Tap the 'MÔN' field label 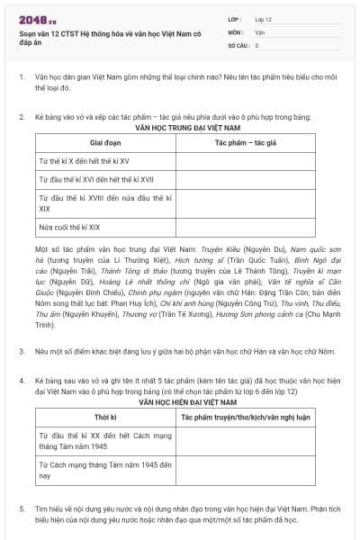(234, 31)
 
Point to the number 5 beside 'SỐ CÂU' (256, 44)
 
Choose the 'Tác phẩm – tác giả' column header (245, 143)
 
